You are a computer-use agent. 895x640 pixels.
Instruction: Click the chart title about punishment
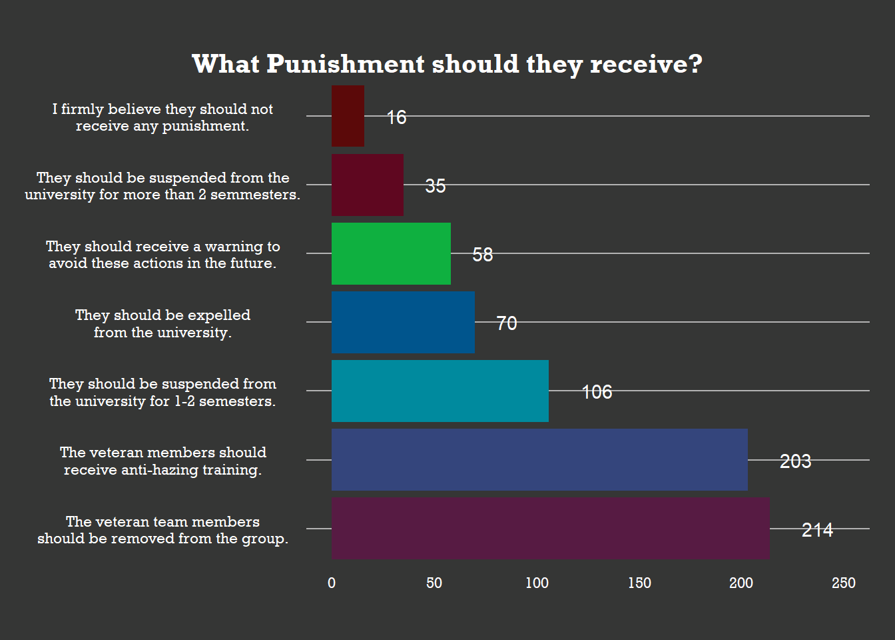pyautogui.click(x=447, y=65)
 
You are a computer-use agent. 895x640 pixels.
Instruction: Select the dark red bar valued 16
pyautogui.click(x=348, y=116)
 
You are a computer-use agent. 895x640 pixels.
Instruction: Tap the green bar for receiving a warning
pyautogui.click(x=391, y=253)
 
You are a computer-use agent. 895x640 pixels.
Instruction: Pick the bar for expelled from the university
pyautogui.click(x=403, y=322)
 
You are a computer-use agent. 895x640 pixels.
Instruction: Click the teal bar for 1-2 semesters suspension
pyautogui.click(x=440, y=391)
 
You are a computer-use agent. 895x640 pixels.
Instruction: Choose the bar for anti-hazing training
pyautogui.click(x=539, y=460)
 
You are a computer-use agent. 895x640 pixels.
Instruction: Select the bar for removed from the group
pyautogui.click(x=550, y=529)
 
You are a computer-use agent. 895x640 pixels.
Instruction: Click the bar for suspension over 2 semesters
pyautogui.click(x=367, y=185)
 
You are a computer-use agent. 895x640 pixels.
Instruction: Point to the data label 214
pyautogui.click(x=817, y=530)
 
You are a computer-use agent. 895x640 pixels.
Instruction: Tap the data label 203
pyautogui.click(x=795, y=461)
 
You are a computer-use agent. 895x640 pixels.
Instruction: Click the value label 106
pyautogui.click(x=597, y=392)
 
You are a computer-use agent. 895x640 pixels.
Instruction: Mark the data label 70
pyautogui.click(x=506, y=323)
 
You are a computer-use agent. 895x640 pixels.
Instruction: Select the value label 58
pyautogui.click(x=482, y=255)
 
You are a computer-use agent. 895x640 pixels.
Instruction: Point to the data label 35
pyautogui.click(x=435, y=186)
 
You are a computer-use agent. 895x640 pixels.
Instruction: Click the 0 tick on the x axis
pyautogui.click(x=332, y=583)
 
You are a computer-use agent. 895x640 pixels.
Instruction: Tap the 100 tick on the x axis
pyautogui.click(x=537, y=583)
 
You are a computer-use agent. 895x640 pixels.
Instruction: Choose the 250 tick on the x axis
pyautogui.click(x=843, y=583)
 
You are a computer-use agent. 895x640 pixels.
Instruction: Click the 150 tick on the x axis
pyautogui.click(x=639, y=583)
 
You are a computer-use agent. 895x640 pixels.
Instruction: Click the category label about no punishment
pyautogui.click(x=162, y=117)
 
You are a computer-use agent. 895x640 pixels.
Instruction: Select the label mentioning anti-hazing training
pyautogui.click(x=162, y=461)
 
